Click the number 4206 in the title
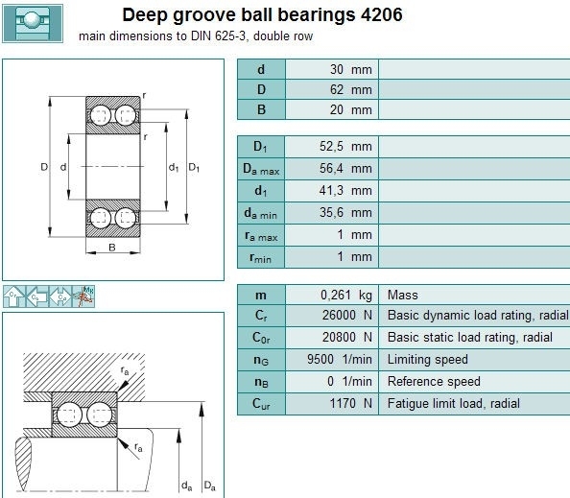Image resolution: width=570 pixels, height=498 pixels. (382, 15)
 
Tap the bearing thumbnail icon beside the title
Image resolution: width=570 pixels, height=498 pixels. (33, 24)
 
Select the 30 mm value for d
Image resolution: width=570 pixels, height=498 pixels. (351, 69)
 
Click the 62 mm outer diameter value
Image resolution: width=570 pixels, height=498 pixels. (351, 89)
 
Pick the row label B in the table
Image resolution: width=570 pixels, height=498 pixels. (261, 109)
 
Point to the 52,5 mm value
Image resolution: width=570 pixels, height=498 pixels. (345, 146)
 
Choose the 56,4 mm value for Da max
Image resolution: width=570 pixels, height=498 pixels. (345, 168)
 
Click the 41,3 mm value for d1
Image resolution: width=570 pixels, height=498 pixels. (345, 190)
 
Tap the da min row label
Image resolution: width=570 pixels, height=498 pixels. (261, 214)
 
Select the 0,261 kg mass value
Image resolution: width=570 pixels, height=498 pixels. (346, 296)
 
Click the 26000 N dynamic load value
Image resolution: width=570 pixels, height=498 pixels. (347, 315)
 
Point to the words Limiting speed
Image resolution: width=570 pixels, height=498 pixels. (428, 360)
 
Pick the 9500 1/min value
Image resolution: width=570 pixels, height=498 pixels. (340, 360)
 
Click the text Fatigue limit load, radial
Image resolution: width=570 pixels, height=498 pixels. (454, 404)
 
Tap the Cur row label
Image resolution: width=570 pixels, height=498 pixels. (261, 404)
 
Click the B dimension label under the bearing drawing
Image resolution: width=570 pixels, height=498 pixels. (112, 248)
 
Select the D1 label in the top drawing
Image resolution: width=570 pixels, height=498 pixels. (194, 168)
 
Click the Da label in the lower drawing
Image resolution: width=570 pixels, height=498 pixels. (210, 486)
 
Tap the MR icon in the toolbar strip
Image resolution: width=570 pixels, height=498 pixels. (83, 296)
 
